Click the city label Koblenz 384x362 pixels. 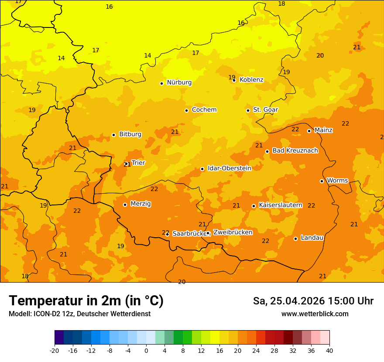pos(251,80)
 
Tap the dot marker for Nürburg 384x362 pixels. pos(161,83)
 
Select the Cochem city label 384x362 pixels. pos(204,110)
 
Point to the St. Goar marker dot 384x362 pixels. pos(248,110)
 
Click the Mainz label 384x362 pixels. pos(323,130)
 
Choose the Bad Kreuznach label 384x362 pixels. pos(295,151)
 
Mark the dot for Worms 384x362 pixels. pos(322,181)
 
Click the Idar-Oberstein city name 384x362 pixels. pos(229,168)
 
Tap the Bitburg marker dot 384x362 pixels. pos(113,135)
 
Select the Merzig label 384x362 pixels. pos(141,204)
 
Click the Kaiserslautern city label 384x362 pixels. pos(280,205)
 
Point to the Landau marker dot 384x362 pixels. pos(295,239)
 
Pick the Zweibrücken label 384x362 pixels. pos(233,232)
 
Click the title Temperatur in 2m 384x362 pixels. pos(86,301)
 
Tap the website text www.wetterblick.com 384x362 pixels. pos(315,314)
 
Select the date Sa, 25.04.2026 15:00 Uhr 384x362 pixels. pos(313,301)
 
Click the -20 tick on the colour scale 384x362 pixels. pos(55,351)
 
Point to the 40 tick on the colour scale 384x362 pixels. pos(329,351)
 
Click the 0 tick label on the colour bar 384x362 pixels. pos(146,351)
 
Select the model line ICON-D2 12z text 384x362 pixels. pos(79,314)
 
